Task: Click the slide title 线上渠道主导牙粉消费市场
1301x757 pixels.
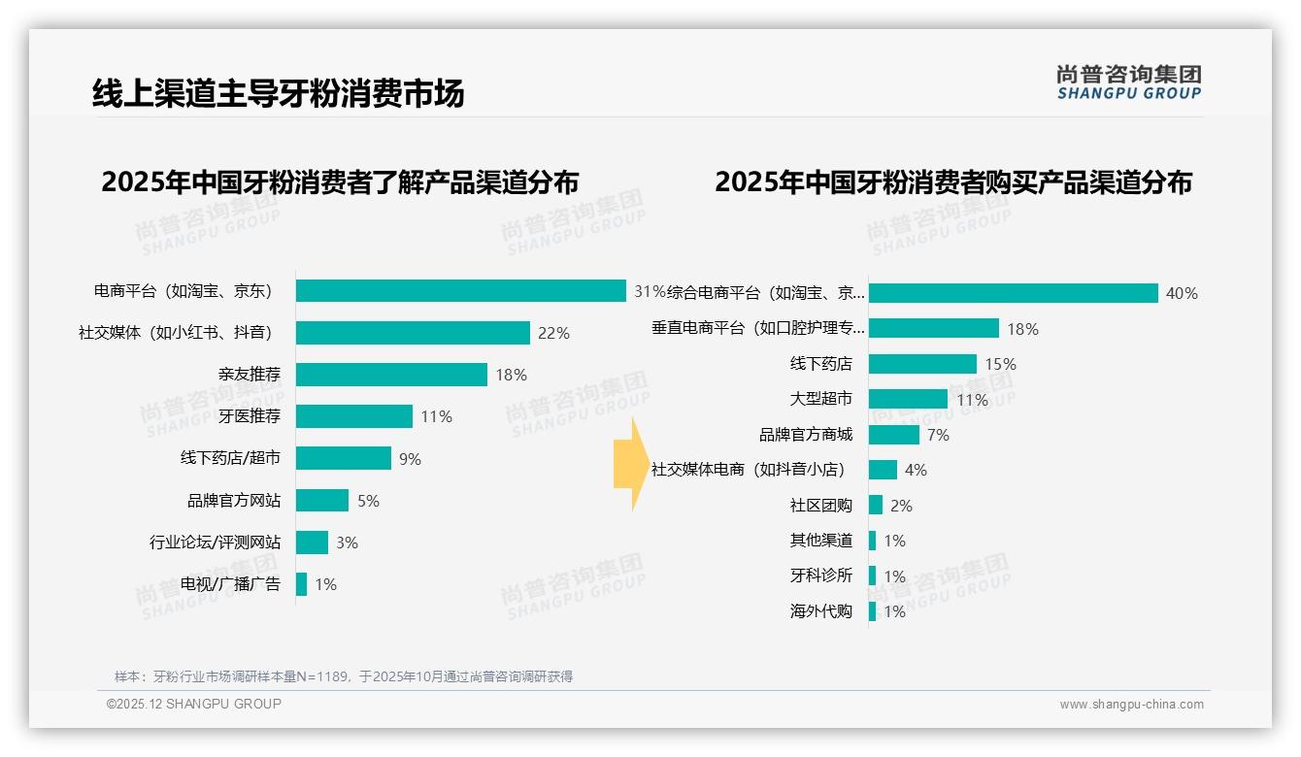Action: pos(278,93)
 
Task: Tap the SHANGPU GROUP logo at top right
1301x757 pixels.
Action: pos(1128,82)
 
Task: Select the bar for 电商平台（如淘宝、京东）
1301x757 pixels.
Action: pos(460,291)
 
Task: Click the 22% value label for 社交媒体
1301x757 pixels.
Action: pos(553,333)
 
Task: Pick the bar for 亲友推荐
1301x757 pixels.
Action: pos(391,375)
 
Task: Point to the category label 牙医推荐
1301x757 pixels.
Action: pos(250,416)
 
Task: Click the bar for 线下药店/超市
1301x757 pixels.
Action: pos(344,458)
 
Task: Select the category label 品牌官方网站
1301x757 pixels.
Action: pos(234,501)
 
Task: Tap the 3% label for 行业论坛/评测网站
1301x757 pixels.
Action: pos(347,543)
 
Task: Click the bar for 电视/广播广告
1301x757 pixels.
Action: pos(302,584)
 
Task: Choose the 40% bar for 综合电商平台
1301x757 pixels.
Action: pos(1013,293)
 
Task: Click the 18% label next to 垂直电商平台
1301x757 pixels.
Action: pos(1022,329)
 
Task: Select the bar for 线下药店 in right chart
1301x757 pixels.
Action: pos(922,364)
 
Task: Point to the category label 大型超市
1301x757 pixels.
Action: pos(821,399)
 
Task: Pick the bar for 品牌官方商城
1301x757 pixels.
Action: pos(893,435)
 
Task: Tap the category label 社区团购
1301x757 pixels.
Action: pos(821,506)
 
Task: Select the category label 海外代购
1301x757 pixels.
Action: pos(821,611)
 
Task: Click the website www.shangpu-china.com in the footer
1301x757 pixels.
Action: pos(1131,705)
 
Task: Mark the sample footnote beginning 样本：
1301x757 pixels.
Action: pos(344,676)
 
